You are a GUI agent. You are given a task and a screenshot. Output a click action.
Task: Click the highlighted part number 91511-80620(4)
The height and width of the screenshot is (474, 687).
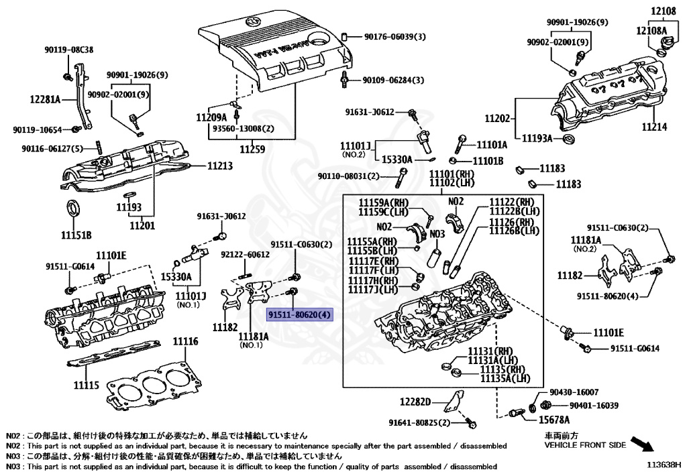300,314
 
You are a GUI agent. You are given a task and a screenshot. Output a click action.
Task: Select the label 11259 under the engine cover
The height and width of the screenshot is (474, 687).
252,150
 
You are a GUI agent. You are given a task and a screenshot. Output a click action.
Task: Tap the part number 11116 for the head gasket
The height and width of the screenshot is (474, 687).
185,341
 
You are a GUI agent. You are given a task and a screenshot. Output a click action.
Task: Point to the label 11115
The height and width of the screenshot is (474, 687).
87,385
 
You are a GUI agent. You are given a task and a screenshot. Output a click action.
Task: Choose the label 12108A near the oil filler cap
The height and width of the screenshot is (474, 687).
651,31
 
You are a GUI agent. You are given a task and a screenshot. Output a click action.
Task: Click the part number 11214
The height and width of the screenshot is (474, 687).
655,127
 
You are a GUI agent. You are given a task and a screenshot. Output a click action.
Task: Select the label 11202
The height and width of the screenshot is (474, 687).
497,119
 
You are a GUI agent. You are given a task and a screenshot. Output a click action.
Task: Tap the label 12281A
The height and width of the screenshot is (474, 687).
45,99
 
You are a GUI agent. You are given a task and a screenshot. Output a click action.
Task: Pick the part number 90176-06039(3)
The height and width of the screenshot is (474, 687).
394,37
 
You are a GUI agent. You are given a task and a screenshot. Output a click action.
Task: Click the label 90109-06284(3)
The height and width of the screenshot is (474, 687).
393,80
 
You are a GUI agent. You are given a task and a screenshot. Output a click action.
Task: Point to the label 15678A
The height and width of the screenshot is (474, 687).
554,420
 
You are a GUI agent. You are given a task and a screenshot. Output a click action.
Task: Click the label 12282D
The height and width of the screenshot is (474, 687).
415,402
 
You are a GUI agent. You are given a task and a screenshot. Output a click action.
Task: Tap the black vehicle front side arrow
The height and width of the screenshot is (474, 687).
642,443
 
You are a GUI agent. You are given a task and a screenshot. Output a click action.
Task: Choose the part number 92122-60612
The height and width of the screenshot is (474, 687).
245,254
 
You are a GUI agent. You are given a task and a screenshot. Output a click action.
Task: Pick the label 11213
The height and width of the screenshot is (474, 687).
220,166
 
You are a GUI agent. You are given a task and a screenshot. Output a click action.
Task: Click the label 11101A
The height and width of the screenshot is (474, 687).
492,145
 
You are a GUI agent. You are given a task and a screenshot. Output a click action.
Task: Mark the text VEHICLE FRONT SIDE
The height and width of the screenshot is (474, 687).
585,445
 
